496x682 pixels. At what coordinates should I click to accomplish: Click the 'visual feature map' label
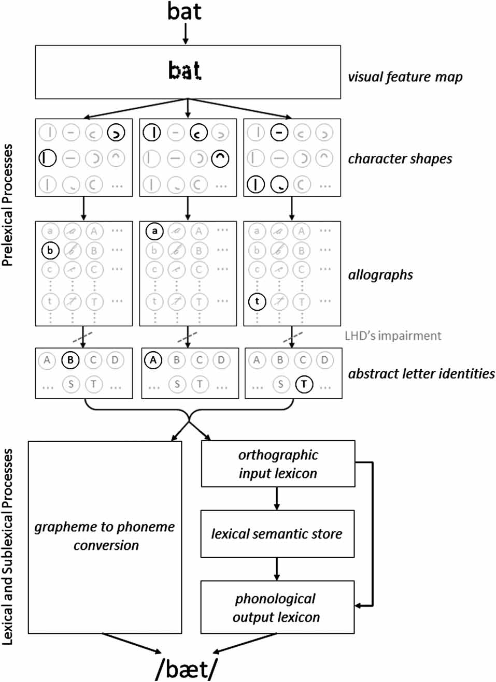(405, 77)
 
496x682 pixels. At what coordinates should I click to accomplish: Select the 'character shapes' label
(400, 158)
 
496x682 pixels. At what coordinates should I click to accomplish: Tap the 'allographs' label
(380, 274)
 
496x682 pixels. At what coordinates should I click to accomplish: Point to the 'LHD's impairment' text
(393, 336)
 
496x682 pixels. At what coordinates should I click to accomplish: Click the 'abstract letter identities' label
(421, 373)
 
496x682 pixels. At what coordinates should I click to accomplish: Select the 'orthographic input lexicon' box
(278, 464)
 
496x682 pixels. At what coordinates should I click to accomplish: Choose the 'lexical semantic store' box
(277, 534)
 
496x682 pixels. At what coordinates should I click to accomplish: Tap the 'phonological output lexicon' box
(277, 607)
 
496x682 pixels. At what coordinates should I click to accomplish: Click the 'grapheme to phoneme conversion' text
(105, 536)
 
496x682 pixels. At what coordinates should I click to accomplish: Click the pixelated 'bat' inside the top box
(185, 70)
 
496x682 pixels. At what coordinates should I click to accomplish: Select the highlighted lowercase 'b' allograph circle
(50, 251)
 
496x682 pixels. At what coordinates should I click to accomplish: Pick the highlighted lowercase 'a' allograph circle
(154, 231)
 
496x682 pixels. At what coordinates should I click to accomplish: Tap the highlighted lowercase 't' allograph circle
(257, 301)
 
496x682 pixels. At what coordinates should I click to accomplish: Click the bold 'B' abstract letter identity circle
(70, 360)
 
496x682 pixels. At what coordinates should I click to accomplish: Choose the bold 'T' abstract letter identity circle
(304, 384)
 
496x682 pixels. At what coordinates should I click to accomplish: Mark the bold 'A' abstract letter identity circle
(153, 360)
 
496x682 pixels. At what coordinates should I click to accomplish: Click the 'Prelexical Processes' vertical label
(7, 205)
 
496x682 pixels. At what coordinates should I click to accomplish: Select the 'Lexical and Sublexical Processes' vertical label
(7, 546)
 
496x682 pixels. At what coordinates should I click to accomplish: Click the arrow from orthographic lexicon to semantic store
(277, 499)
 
